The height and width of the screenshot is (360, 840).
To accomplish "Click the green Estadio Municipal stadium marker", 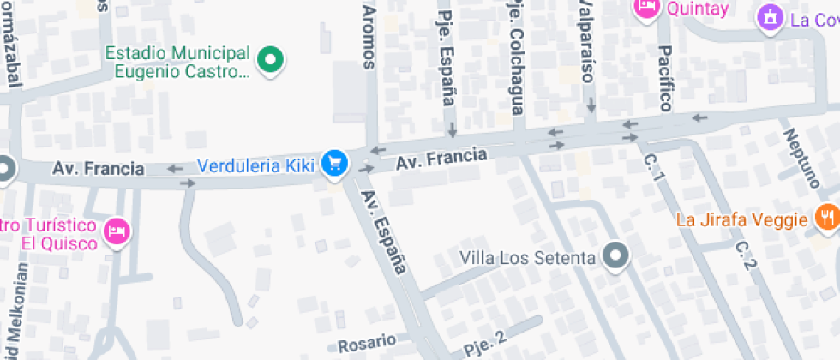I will [272, 61].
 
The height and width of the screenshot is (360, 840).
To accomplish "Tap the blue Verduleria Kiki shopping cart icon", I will [334, 163].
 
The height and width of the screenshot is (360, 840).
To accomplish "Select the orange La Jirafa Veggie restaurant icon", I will [826, 217].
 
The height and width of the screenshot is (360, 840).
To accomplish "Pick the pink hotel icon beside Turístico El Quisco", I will [116, 230].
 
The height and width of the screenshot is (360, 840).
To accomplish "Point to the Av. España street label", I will [383, 231].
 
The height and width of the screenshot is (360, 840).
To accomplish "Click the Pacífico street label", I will [665, 78].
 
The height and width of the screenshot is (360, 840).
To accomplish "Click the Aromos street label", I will [369, 34].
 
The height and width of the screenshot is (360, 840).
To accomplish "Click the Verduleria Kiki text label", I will [255, 165].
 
